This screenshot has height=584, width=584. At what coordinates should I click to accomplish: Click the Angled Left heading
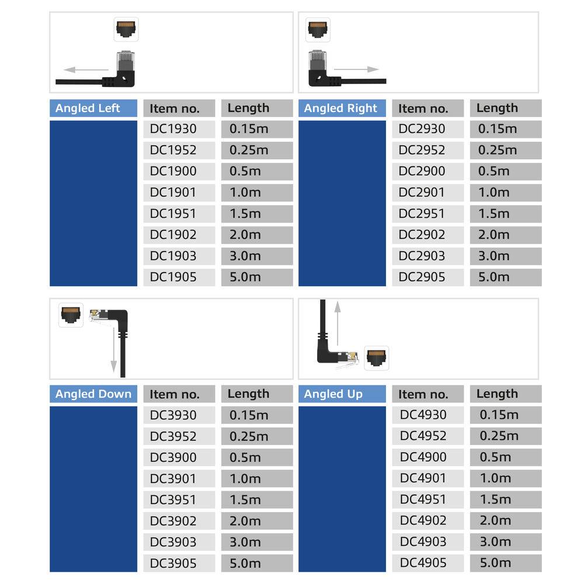click(x=88, y=108)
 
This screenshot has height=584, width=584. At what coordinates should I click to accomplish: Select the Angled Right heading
click(x=340, y=108)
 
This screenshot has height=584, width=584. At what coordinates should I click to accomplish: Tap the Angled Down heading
click(x=93, y=394)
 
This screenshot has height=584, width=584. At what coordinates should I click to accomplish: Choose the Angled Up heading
click(x=333, y=394)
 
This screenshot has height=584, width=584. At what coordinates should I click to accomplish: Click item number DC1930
click(x=173, y=129)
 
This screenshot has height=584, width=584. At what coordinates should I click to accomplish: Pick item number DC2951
click(x=422, y=214)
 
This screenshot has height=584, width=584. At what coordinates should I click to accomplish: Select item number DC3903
click(x=173, y=542)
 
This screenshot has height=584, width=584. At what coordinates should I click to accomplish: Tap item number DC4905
click(x=423, y=563)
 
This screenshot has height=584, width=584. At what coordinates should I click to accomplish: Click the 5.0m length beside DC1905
click(x=245, y=277)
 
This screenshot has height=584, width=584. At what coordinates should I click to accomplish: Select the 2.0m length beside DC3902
click(x=245, y=521)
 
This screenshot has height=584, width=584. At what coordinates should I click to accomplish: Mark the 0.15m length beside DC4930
click(x=499, y=415)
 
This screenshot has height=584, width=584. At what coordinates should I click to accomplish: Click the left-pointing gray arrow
click(x=85, y=69)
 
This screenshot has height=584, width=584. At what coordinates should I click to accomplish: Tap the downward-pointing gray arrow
click(x=114, y=350)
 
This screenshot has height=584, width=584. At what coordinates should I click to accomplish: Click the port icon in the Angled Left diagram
click(x=126, y=29)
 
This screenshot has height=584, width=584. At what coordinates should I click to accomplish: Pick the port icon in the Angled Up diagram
click(x=377, y=358)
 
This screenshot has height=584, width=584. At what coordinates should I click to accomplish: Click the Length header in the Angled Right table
click(x=497, y=108)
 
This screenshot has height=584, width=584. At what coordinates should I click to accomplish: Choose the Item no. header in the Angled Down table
click(x=174, y=394)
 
